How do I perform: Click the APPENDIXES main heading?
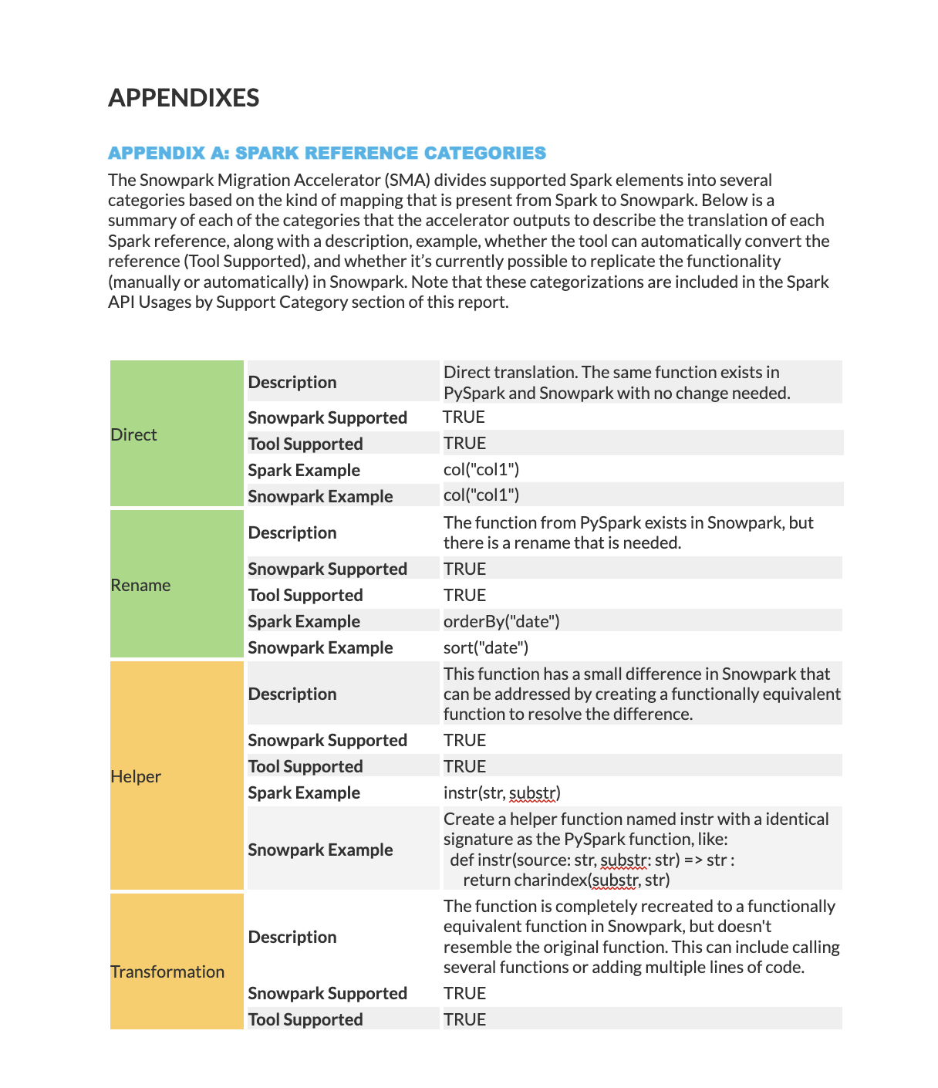point(184,98)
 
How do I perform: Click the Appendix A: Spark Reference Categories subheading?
point(327,153)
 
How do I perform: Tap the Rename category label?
point(140,585)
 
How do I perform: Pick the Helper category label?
point(136,776)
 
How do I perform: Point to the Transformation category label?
point(167,971)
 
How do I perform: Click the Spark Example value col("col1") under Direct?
point(481,469)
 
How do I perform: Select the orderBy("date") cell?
point(501,621)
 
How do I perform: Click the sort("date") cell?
point(486,647)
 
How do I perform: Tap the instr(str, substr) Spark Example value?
point(501,792)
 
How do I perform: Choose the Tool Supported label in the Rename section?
point(305,595)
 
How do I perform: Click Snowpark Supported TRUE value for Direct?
point(464,417)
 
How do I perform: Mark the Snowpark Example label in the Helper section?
point(320,850)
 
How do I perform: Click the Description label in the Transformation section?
point(292,937)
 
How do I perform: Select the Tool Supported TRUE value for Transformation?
point(464,1019)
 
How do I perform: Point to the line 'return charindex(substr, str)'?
point(566,880)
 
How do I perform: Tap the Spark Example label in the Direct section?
point(304,470)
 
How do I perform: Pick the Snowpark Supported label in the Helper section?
point(327,740)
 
